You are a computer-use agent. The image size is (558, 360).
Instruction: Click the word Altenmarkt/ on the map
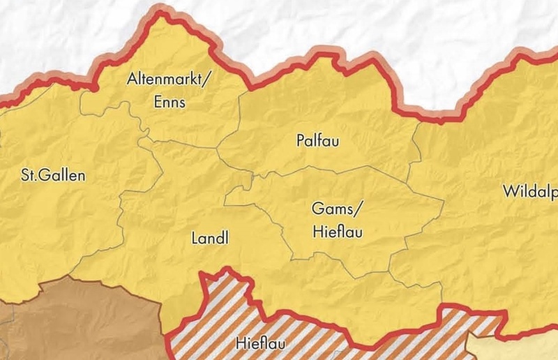pos(167,79)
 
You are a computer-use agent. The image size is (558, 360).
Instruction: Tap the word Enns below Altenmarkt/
pos(167,102)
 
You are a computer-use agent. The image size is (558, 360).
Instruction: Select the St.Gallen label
pos(53,175)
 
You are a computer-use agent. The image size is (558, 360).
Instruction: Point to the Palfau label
pos(317,141)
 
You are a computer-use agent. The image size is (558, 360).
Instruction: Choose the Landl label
pos(210,239)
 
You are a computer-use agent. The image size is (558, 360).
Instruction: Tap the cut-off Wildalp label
pos(530,191)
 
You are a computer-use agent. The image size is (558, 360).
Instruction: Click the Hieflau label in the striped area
pos(260,343)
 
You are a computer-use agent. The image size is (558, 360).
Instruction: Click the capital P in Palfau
pos(300,141)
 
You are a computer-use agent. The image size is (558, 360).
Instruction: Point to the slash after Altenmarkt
pos(206,80)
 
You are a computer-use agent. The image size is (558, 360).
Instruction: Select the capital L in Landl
pos(195,239)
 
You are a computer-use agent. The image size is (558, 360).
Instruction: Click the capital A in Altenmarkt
pos(132,79)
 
